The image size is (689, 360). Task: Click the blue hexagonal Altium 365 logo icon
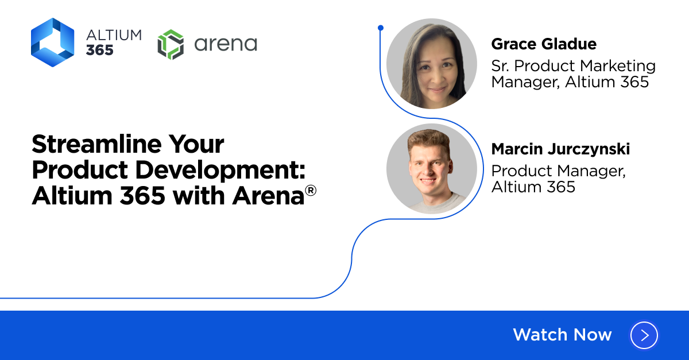pyautogui.click(x=53, y=42)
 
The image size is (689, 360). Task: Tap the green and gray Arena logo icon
pyautogui.click(x=171, y=44)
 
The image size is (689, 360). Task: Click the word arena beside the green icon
pyautogui.click(x=226, y=44)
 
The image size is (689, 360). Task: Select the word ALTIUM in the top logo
pyautogui.click(x=114, y=35)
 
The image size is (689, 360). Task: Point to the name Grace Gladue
pyautogui.click(x=544, y=44)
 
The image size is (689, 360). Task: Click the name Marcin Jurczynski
pyautogui.click(x=560, y=149)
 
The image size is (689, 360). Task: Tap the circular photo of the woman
pyautogui.click(x=432, y=64)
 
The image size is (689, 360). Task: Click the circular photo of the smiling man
pyautogui.click(x=432, y=169)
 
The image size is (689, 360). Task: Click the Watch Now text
pyautogui.click(x=562, y=335)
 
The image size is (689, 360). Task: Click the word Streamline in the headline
pyautogui.click(x=96, y=144)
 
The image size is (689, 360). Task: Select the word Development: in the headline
pyautogui.click(x=220, y=170)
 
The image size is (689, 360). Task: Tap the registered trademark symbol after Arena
pyautogui.click(x=311, y=191)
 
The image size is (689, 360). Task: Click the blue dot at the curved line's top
pyautogui.click(x=381, y=28)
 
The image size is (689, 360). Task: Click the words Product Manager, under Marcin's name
pyautogui.click(x=558, y=171)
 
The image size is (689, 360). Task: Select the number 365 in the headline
pyautogui.click(x=142, y=196)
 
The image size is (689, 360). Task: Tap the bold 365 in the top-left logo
pyautogui.click(x=100, y=50)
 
